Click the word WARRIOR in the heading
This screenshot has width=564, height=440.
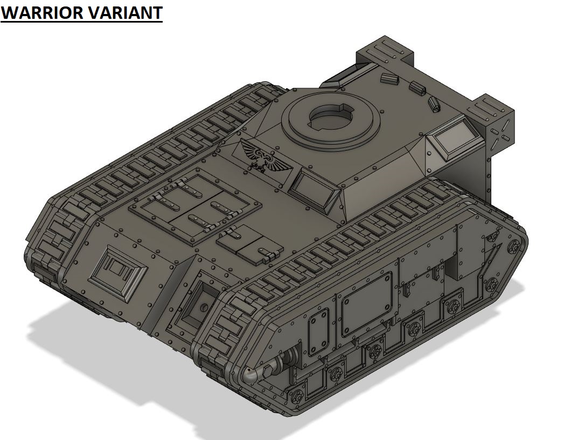(x=40, y=12)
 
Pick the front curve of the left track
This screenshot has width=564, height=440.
(x=51, y=237)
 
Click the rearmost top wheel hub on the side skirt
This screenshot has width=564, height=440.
(x=514, y=246)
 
